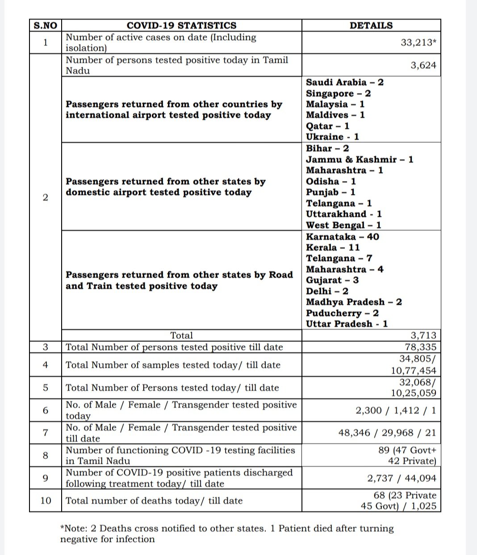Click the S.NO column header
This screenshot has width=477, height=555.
pos(46,25)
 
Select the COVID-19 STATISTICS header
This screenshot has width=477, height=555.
pos(181,25)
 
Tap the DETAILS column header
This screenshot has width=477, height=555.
pos(371,25)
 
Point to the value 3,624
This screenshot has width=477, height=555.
pos(423,65)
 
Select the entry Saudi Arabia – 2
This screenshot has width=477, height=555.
pos(344,83)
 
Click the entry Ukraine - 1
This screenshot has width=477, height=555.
pos(332,137)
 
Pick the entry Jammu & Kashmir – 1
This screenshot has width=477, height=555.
pos(360,159)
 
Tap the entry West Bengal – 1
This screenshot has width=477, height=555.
pos(343,225)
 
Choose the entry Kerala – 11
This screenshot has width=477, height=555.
pos(333,247)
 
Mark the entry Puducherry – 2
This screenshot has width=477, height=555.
pos(342,313)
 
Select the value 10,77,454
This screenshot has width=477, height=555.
pos(412,371)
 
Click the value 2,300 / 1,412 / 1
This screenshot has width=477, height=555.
pos(396,410)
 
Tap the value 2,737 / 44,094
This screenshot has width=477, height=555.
pos(402,478)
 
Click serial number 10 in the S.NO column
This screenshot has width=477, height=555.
pos(46,501)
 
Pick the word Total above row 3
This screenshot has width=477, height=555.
pos(181,336)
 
